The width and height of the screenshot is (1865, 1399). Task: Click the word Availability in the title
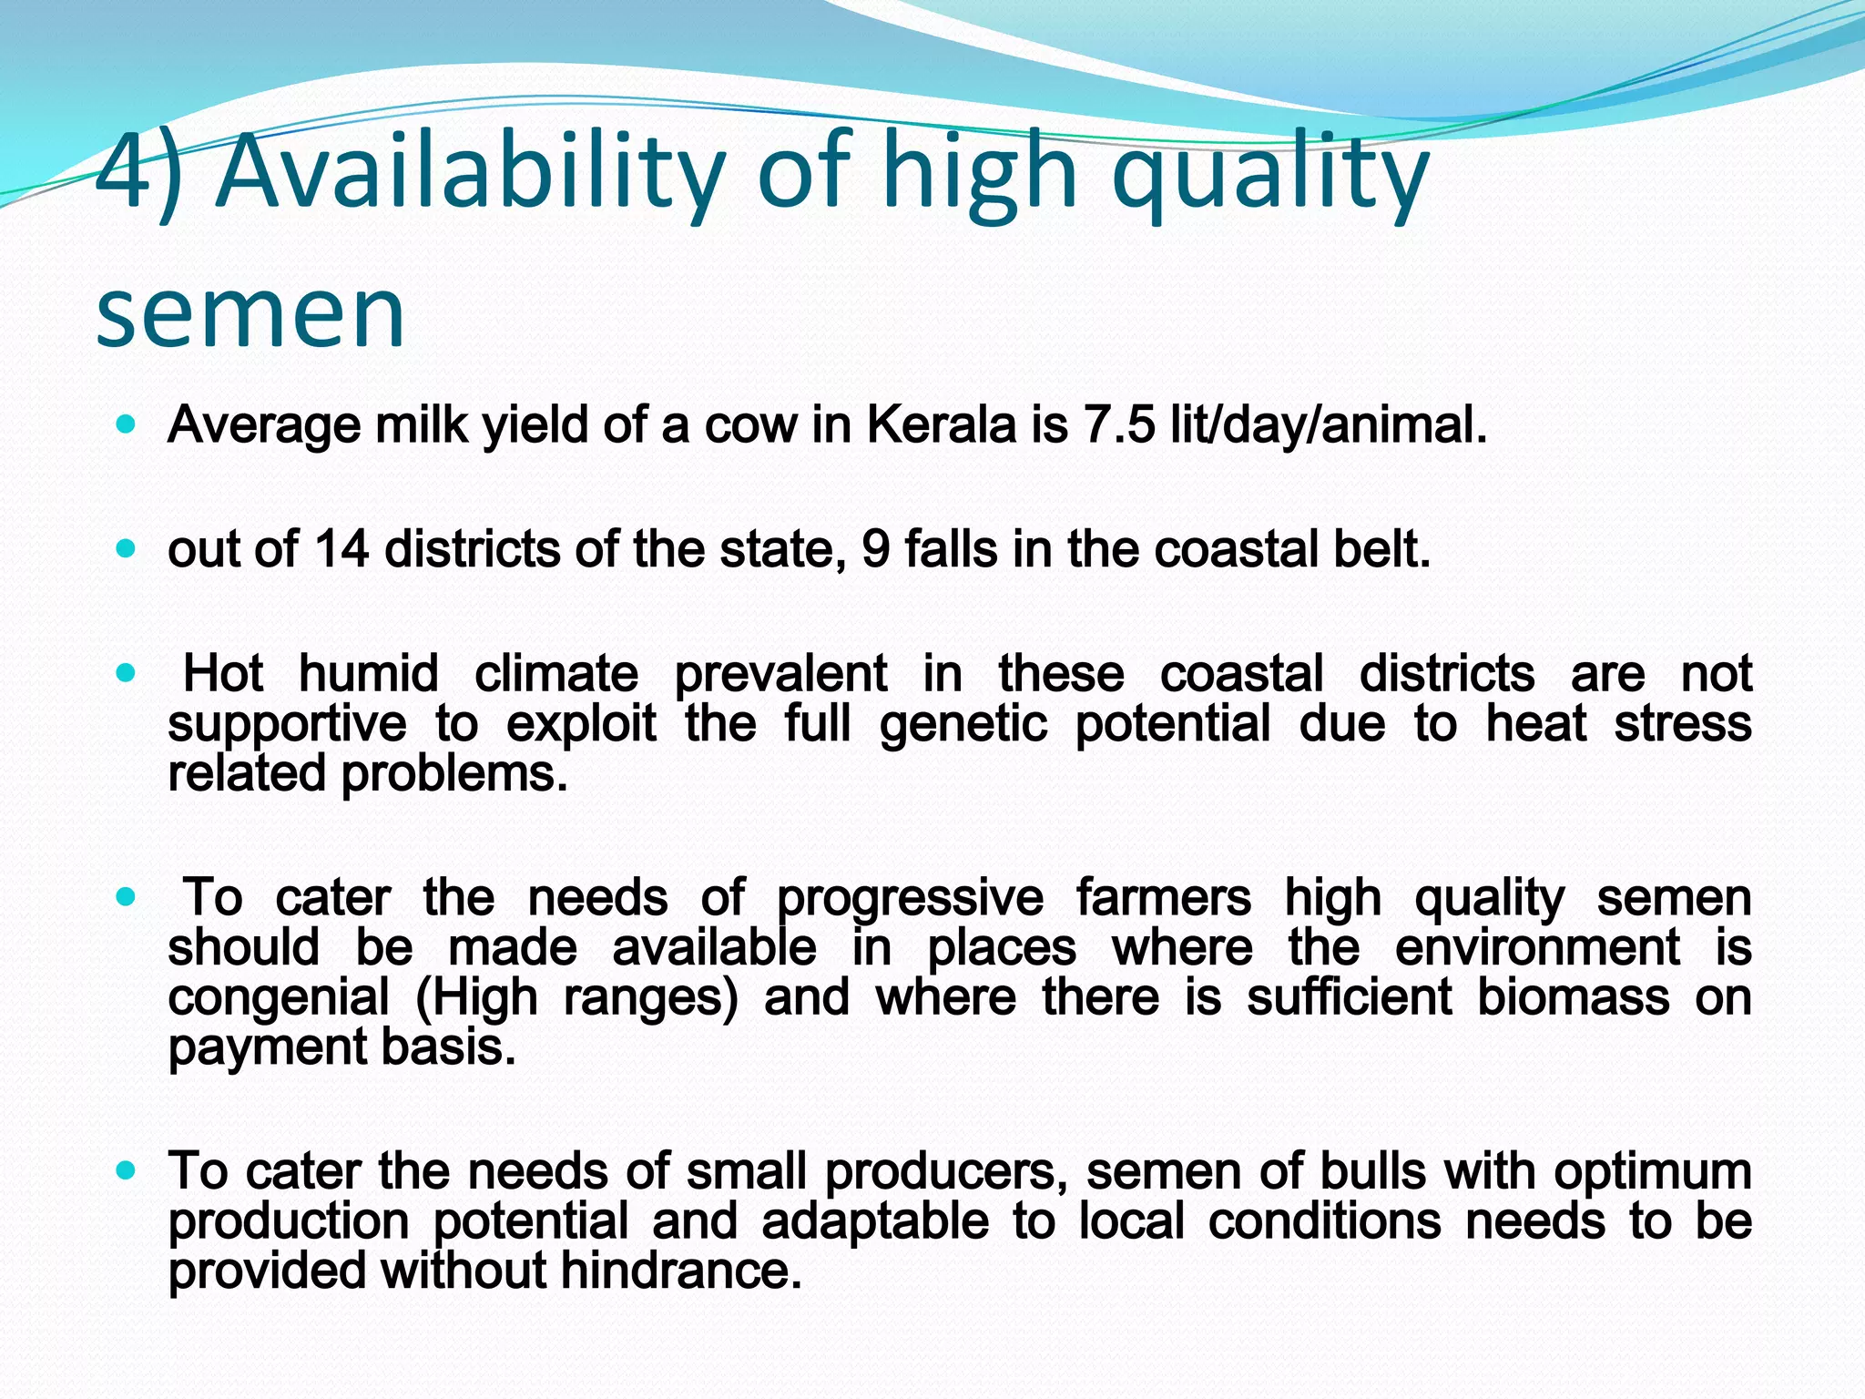(469, 173)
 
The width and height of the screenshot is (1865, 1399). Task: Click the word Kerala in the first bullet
(941, 424)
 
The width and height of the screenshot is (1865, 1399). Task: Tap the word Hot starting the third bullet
(223, 674)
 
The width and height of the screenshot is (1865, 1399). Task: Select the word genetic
(963, 724)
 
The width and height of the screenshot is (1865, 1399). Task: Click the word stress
(1683, 724)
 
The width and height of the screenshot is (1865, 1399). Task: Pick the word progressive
(910, 898)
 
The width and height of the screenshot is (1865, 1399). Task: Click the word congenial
(279, 997)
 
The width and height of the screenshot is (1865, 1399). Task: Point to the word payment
(267, 1047)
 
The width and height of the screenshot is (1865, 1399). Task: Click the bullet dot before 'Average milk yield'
(127, 424)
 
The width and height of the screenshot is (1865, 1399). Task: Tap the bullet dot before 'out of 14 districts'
(127, 549)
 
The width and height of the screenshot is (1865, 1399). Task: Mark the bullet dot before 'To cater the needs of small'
(127, 1170)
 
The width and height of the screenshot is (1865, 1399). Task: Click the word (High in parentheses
(476, 997)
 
